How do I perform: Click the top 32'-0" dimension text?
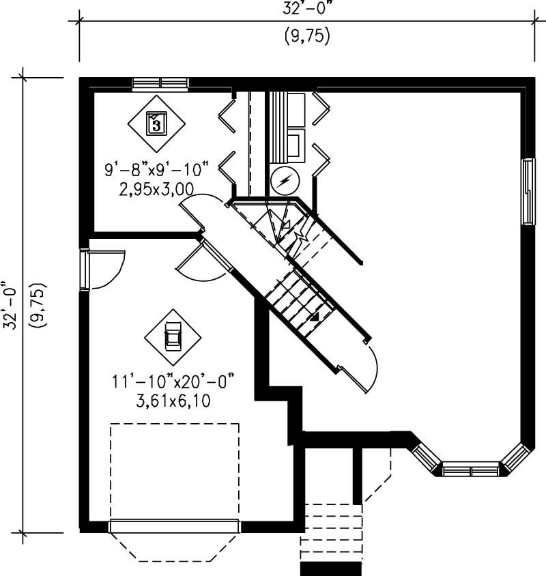306,9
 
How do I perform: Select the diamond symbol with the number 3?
156,124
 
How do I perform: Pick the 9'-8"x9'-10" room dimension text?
157,169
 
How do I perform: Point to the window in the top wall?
160,84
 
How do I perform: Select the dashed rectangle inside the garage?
174,471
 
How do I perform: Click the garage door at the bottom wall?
174,526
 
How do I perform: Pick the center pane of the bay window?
470,470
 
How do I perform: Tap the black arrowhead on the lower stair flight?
315,317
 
